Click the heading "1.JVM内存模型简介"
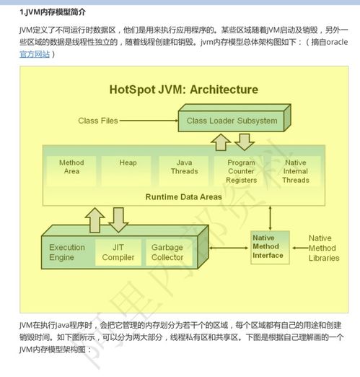coord(54,11)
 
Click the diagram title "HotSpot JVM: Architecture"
coord(183,90)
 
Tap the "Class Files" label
coord(97,121)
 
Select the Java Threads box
coord(184,167)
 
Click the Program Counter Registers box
coord(241,171)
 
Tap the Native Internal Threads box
coord(295,171)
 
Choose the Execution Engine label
coord(67,252)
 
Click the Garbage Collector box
coord(167,252)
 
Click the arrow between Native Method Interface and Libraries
coord(298,247)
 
